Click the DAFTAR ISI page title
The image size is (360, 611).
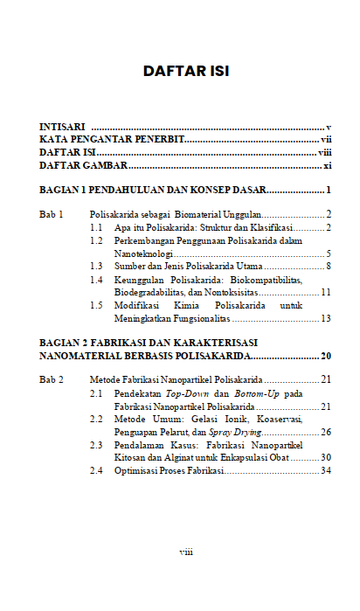click(185, 71)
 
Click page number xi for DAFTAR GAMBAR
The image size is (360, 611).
click(327, 164)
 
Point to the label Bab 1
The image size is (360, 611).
click(52, 214)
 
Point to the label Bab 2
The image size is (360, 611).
click(52, 380)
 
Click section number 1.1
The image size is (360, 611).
click(97, 227)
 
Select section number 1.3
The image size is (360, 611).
click(97, 265)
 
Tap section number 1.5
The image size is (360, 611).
click(97, 306)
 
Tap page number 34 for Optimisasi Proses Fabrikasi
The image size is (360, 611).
click(325, 471)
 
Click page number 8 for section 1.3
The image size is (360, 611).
click(328, 265)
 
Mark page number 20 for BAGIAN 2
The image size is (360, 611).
click(325, 356)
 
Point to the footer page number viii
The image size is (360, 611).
click(186, 552)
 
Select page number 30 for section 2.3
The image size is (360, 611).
click(325, 457)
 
